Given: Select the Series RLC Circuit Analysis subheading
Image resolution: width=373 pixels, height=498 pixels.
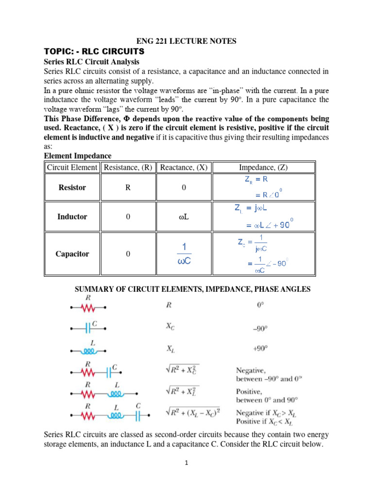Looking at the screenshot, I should click(91, 62).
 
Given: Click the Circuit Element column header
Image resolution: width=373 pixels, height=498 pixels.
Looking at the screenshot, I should click(72, 167).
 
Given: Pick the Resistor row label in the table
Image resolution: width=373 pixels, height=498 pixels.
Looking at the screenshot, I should click(72, 187).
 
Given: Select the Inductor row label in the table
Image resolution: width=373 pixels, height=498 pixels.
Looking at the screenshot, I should click(72, 217).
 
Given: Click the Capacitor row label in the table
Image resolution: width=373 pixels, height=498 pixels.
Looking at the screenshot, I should click(72, 254).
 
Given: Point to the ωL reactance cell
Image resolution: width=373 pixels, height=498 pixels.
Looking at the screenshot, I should click(184, 217).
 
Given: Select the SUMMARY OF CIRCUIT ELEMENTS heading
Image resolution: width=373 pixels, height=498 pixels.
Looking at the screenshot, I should click(192, 289).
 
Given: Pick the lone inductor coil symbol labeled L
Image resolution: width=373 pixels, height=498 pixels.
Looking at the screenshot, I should click(89, 349).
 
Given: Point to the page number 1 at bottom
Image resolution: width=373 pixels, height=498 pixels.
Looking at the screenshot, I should click(186, 463).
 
